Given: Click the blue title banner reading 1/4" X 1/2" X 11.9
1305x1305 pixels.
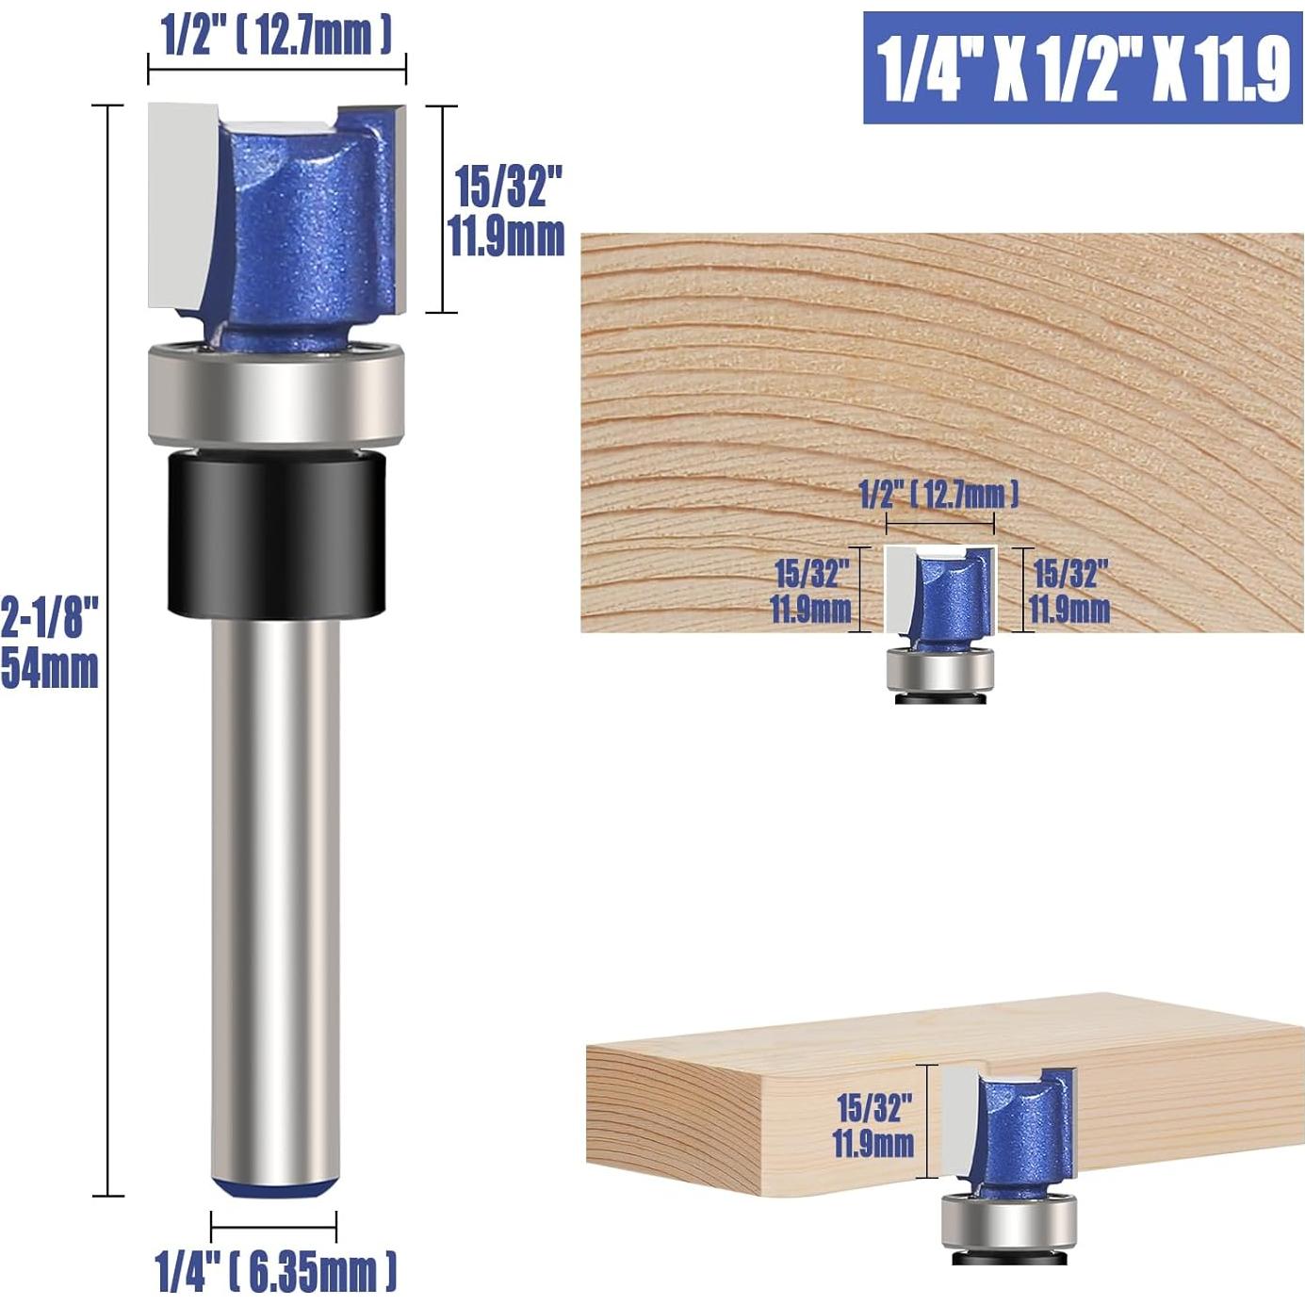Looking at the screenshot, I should coord(1083,68).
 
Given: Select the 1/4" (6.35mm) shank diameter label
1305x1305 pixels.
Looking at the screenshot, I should coord(275,1272).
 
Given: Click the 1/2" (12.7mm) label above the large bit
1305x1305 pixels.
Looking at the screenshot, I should coord(276,36).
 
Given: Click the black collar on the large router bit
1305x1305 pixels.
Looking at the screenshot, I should coord(277,534).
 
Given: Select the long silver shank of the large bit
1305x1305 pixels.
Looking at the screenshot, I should coord(274,895).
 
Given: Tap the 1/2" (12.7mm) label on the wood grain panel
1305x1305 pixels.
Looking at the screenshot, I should coord(938,494).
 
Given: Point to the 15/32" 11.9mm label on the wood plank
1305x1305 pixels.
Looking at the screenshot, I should coord(873,1125).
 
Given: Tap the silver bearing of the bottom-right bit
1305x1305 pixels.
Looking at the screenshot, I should coord(1008,1221).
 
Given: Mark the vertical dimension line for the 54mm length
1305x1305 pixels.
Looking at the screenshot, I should coord(108,650).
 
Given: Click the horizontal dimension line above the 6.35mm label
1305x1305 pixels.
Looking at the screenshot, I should coord(273,1228).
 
